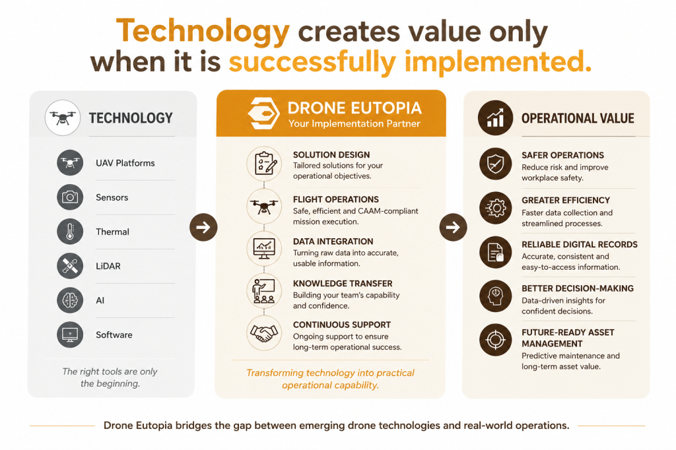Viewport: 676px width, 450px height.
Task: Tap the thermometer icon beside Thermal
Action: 70,232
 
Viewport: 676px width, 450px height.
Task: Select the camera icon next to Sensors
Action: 70,197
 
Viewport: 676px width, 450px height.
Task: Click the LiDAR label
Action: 108,266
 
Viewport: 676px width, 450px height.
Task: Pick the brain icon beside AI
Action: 70,300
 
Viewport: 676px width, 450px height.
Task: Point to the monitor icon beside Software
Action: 70,335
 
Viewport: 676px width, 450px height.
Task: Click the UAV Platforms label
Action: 125,163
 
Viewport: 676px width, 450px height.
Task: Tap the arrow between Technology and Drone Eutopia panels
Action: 203,227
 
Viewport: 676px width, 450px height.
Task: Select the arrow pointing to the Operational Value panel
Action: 453,227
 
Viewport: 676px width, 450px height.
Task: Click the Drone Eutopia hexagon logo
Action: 263,113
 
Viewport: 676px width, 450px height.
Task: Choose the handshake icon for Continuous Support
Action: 264,333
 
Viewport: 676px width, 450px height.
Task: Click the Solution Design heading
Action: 331,155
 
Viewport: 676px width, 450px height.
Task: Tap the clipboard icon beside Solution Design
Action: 264,164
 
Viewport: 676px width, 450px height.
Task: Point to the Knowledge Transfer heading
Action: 343,283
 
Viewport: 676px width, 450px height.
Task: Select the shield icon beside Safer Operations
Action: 495,164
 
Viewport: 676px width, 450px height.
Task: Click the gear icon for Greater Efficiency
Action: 495,208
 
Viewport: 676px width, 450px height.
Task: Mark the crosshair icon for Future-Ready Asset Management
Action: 495,340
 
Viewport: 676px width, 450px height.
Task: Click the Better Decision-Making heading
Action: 578,288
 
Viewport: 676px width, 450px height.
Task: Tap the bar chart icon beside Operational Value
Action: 495,117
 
